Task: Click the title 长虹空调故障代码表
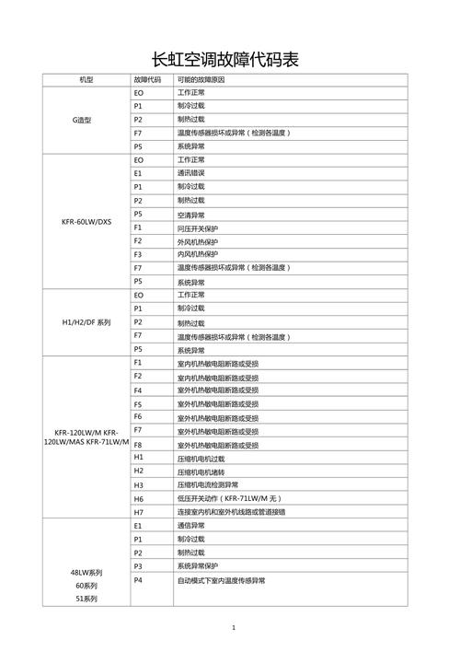pos(230,61)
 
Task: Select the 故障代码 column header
pos(147,80)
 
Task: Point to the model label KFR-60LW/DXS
pos(86,221)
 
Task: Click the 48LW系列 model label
pos(86,572)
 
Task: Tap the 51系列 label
pos(86,599)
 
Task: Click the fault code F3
pos(138,253)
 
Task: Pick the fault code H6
pos(139,497)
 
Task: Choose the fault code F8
pos(138,444)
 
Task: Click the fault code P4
pos(138,580)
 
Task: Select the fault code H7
pos(139,511)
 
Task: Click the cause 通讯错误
pos(191,173)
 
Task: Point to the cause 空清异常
pos(191,215)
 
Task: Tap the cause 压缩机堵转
pos(194,471)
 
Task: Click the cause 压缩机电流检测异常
pos(207,484)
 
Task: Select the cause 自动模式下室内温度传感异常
pos(221,581)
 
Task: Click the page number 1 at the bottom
pos(234,628)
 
